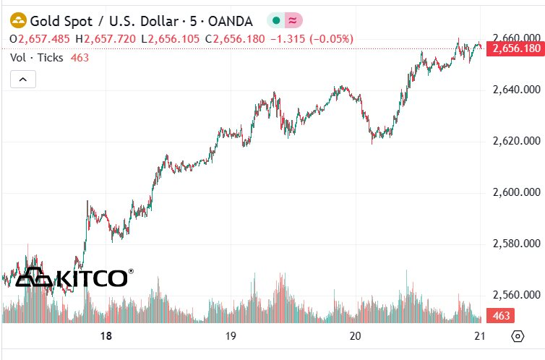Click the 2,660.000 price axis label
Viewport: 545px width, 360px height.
(x=516, y=38)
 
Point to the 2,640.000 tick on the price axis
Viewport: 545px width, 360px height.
(x=516, y=90)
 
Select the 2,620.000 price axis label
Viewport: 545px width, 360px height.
(x=516, y=140)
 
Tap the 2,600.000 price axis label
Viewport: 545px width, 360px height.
(x=516, y=192)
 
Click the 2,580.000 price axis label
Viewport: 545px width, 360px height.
(x=516, y=244)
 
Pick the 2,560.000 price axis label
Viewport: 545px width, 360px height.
(x=516, y=295)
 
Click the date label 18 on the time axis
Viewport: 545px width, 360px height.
(x=106, y=336)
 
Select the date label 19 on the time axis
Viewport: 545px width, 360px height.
(x=231, y=336)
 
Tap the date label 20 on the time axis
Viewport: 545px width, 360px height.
(x=355, y=336)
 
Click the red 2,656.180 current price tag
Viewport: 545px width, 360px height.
(x=515, y=48)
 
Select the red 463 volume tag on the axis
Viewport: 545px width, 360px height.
(x=502, y=316)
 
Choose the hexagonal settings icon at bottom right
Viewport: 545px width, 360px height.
(x=518, y=336)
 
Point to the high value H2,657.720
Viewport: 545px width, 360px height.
(x=113, y=38)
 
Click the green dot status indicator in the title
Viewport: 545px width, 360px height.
(x=277, y=20)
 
